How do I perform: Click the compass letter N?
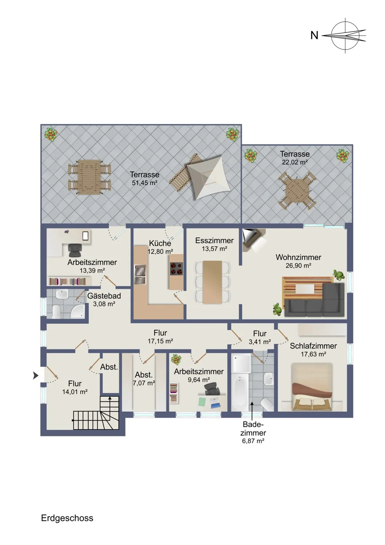314,36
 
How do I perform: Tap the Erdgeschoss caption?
67,518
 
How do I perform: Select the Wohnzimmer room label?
299,257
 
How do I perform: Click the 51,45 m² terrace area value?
145,183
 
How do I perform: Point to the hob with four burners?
176,268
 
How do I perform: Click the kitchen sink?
140,274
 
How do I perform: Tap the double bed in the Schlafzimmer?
312,387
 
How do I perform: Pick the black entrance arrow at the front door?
36,376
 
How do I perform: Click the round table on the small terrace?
297,190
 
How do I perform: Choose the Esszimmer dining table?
212,282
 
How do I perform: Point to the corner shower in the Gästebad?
78,311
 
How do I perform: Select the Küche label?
160,243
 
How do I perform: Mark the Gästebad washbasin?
62,295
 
